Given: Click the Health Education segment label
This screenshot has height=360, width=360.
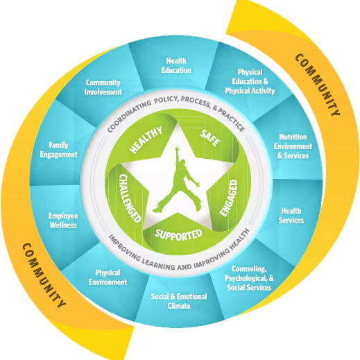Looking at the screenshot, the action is click(x=176, y=65).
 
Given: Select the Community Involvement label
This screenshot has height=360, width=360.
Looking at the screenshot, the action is click(x=103, y=87).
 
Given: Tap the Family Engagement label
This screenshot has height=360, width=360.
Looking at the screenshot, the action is click(x=58, y=150).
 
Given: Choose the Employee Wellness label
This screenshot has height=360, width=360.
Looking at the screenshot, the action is click(x=63, y=221).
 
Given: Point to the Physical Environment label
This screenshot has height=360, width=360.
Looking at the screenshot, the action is click(x=108, y=277).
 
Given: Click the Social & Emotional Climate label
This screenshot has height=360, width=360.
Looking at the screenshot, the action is click(x=179, y=301).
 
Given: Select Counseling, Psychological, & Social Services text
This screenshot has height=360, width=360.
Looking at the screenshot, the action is click(x=249, y=278).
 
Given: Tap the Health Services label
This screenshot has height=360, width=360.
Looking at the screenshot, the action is click(x=291, y=216).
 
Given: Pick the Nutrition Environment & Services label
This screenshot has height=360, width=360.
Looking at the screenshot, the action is click(x=293, y=146).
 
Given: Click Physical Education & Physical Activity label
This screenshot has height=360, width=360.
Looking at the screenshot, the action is click(x=250, y=81).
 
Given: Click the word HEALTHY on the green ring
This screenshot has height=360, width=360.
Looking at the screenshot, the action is click(x=146, y=139).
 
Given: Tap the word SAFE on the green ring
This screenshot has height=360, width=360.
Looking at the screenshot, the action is click(x=210, y=138).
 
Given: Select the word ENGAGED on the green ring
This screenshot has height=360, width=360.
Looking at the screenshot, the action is click(x=229, y=198).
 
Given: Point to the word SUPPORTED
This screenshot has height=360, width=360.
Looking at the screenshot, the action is click(x=178, y=234).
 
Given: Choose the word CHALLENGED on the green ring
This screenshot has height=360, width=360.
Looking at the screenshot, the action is click(x=130, y=198).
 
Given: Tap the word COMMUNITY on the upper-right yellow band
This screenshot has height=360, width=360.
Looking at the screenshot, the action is click(x=318, y=85).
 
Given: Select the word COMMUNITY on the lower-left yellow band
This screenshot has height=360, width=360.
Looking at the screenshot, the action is click(x=44, y=275).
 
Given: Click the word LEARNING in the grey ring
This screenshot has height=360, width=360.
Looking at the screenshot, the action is click(x=158, y=264).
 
